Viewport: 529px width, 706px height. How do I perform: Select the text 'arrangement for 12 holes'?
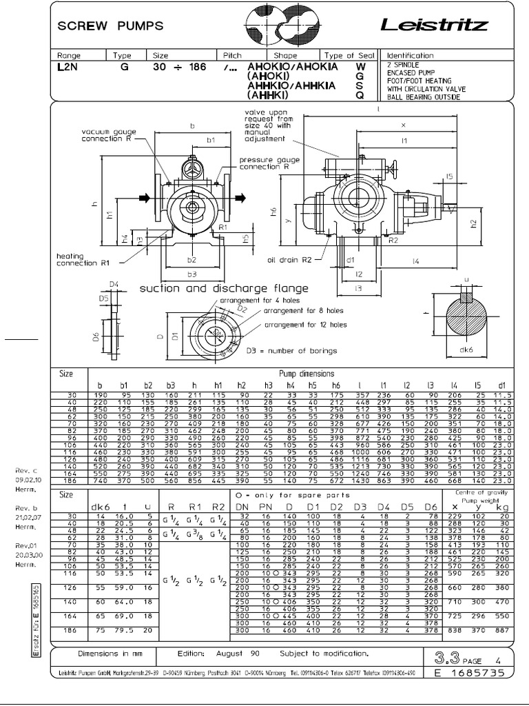tap(306, 325)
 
